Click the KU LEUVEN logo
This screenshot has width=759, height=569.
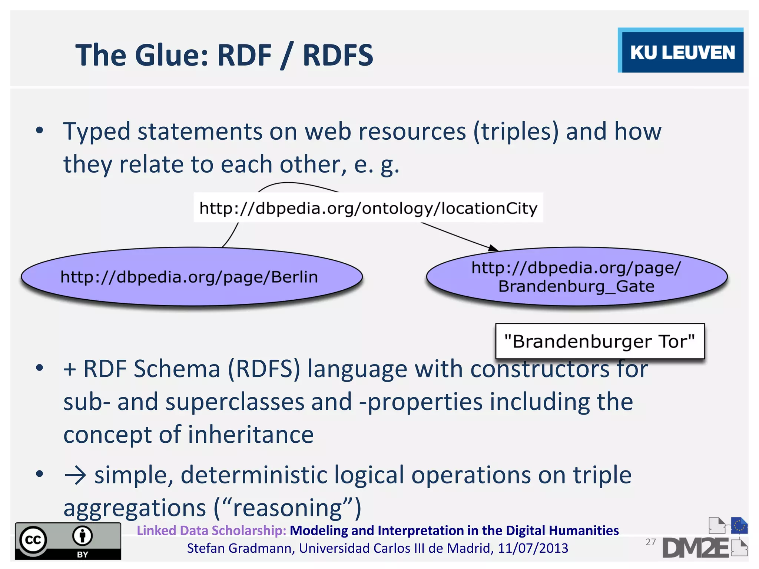pos(681,51)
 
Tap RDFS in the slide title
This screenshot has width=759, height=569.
pos(338,55)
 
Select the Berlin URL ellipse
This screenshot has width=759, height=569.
pos(191,277)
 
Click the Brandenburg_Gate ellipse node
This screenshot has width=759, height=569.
pos(576,277)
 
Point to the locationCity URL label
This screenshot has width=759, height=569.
pos(368,208)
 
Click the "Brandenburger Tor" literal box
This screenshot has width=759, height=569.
pos(600,341)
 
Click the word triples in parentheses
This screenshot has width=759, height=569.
pos(516,132)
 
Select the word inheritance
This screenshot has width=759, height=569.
pos(251,435)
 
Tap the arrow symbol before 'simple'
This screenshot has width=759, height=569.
pos(75,476)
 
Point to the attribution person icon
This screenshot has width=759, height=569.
pos(82,536)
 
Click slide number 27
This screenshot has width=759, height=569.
pos(651,542)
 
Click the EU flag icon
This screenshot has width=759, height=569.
pos(739,526)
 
